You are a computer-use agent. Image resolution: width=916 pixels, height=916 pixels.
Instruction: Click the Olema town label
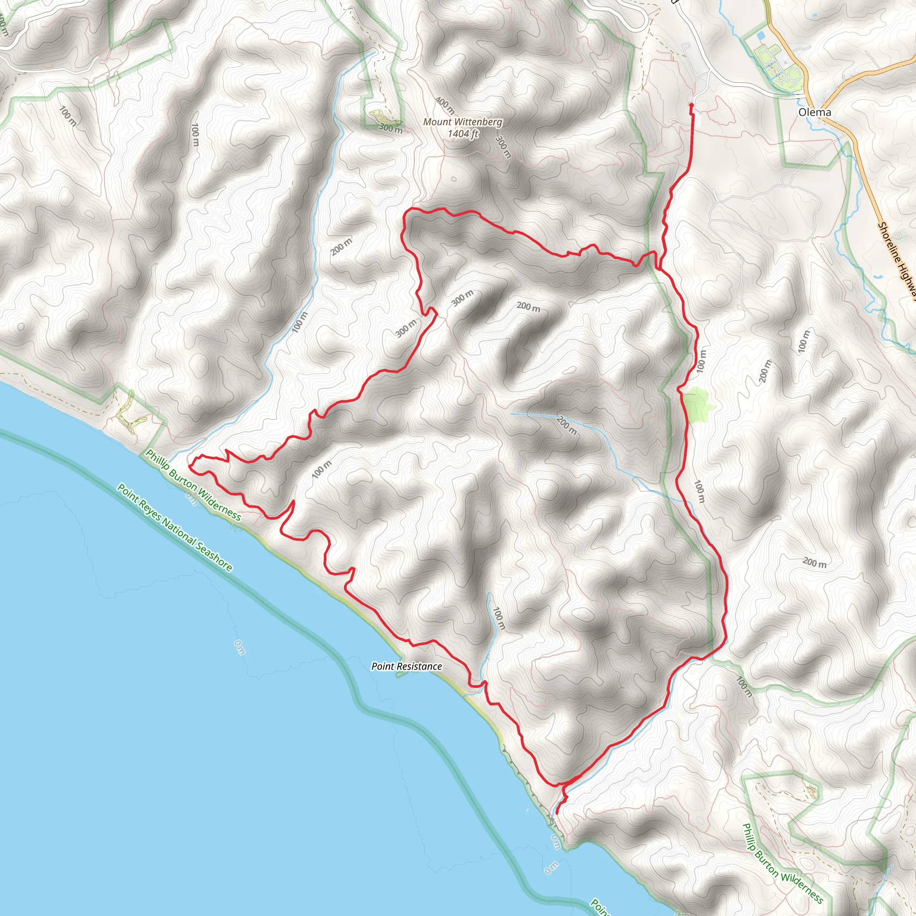814,112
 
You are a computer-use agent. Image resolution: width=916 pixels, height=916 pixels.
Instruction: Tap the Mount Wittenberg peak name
462,122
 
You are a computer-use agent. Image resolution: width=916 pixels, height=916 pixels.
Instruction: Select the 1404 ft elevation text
463,134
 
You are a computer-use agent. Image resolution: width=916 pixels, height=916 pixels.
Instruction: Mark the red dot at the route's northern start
691,105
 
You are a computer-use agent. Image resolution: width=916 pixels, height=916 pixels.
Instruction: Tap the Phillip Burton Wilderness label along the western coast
193,484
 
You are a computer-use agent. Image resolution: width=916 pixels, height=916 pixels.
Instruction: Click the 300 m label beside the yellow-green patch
390,128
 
